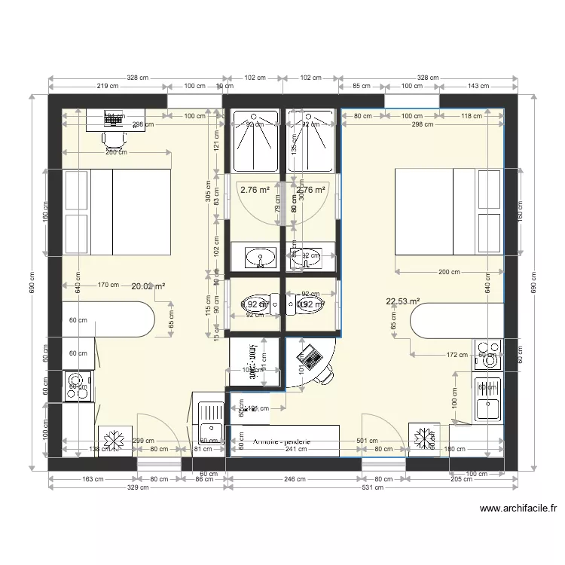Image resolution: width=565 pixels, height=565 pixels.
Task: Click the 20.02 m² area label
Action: pyautogui.click(x=148, y=286)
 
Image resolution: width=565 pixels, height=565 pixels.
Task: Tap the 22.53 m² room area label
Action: pyautogui.click(x=402, y=301)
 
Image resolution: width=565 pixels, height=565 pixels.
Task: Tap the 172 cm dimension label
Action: pyautogui.click(x=437, y=354)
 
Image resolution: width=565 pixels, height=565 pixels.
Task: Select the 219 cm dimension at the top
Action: pyautogui.click(x=107, y=87)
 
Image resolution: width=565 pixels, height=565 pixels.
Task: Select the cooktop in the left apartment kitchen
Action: pyautogui.click(x=77, y=386)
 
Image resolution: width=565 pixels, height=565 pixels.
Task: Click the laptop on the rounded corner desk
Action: pyautogui.click(x=309, y=353)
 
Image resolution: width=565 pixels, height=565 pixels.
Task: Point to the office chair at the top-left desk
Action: pyautogui.click(x=113, y=137)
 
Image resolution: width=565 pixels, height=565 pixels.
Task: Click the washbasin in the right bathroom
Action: pyautogui.click(x=307, y=257)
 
